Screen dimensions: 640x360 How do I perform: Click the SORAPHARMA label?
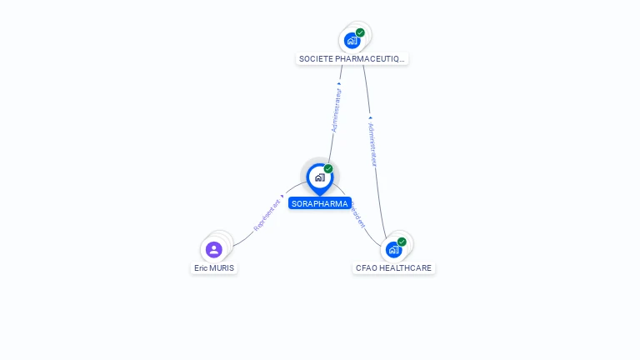(x=320, y=203)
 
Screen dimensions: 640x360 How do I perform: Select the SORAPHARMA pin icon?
(x=319, y=177)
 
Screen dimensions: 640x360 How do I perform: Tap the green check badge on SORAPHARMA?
(x=328, y=169)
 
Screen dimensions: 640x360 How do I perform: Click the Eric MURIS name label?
(x=214, y=268)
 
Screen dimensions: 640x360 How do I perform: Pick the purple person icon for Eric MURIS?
(x=214, y=249)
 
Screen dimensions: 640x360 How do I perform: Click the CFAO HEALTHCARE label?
(x=393, y=268)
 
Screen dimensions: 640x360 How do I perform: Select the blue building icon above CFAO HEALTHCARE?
(x=393, y=249)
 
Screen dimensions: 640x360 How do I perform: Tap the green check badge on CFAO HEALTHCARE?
(x=402, y=242)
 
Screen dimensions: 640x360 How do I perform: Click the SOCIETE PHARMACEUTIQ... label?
(x=352, y=59)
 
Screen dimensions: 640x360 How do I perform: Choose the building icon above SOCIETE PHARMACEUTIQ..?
(x=352, y=40)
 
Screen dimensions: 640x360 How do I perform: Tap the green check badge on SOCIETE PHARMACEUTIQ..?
(x=360, y=32)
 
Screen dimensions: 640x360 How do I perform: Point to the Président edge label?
(x=357, y=214)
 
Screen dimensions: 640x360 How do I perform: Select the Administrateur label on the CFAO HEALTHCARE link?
(x=372, y=145)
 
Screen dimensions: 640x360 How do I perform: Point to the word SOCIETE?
(x=315, y=59)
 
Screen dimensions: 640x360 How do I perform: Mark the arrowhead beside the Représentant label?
(x=282, y=196)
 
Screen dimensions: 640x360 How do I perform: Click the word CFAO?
(x=366, y=268)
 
